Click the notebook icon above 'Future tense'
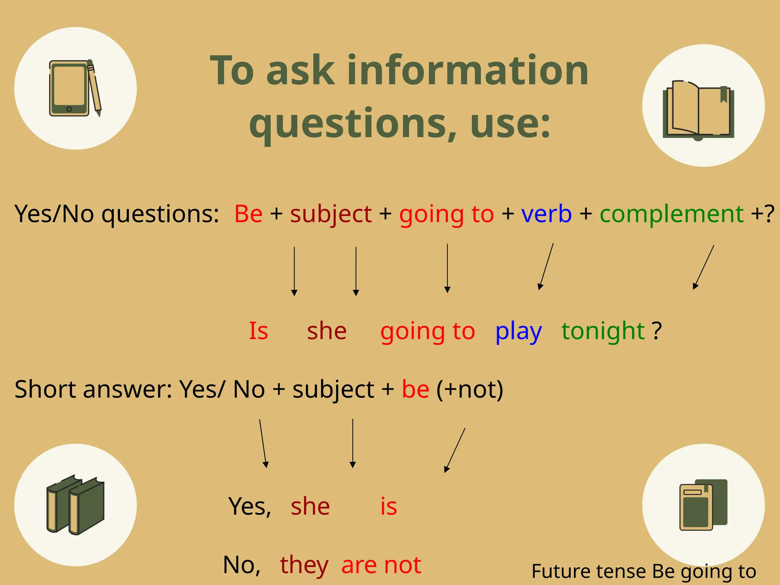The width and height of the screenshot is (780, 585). (x=703, y=505)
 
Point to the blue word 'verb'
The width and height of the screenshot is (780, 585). (x=546, y=214)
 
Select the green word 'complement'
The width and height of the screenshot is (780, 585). (x=671, y=214)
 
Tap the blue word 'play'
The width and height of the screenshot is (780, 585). (x=518, y=331)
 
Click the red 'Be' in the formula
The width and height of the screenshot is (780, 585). (x=248, y=214)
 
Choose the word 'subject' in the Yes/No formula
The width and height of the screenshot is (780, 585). (x=331, y=214)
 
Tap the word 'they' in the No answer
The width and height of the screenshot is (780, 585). (x=304, y=565)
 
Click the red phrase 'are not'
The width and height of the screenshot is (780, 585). (x=381, y=565)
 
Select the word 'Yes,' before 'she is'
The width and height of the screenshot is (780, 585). (x=249, y=507)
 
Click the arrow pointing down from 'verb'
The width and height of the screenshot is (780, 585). (x=546, y=267)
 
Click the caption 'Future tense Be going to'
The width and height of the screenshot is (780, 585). (x=644, y=571)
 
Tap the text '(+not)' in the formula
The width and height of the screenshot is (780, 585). (x=470, y=390)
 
